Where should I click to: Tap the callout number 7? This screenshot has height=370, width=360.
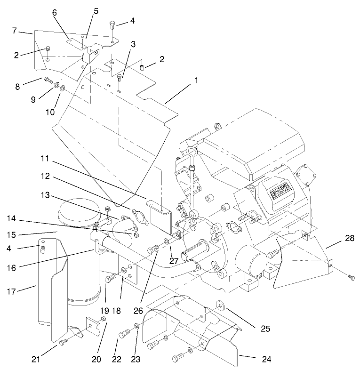(15, 31)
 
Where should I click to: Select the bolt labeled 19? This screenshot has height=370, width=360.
(109, 279)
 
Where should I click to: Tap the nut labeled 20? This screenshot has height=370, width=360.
(104, 320)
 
